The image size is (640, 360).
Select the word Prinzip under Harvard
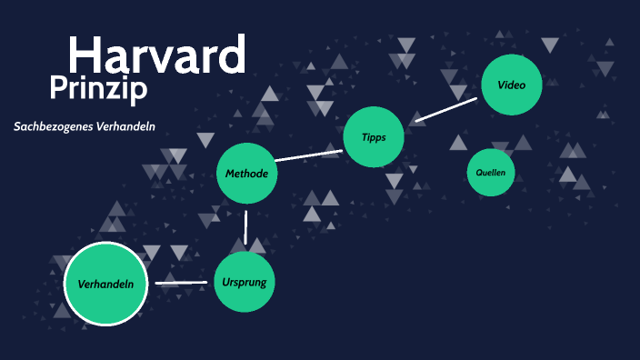pos(98,89)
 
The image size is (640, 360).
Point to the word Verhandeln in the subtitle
pos(125,126)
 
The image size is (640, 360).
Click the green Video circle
pos(512,85)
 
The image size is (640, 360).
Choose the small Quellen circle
pos(490,172)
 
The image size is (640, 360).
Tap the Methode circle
pos(246,173)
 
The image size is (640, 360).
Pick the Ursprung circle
pos(245,282)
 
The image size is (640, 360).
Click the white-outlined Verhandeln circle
pos(105,284)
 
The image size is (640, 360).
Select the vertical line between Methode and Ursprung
pos(246,226)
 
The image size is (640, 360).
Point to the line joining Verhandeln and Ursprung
pos(181,283)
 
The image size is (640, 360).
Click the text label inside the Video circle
pos(512,85)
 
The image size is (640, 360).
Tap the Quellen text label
pos(490,172)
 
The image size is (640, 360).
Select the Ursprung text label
pos(245,282)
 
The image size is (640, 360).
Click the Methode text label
pos(246,173)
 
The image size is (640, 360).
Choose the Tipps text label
pos(374,137)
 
